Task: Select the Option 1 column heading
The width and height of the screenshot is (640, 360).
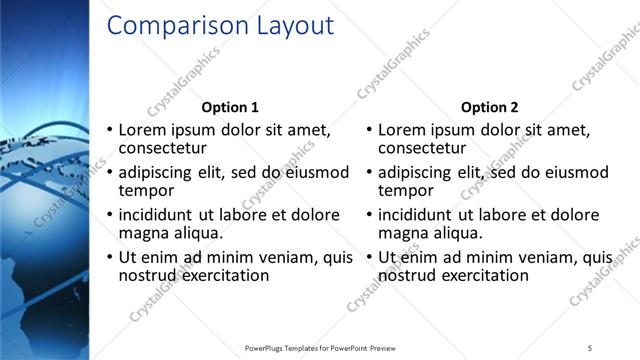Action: pyautogui.click(x=230, y=107)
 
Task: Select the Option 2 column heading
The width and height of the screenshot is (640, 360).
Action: pyautogui.click(x=489, y=107)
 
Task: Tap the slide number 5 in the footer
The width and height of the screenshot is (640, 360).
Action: pyautogui.click(x=590, y=347)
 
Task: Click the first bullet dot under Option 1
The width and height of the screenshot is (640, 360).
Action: pyautogui.click(x=110, y=130)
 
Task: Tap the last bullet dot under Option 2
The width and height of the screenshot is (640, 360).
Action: pyautogui.click(x=369, y=257)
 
